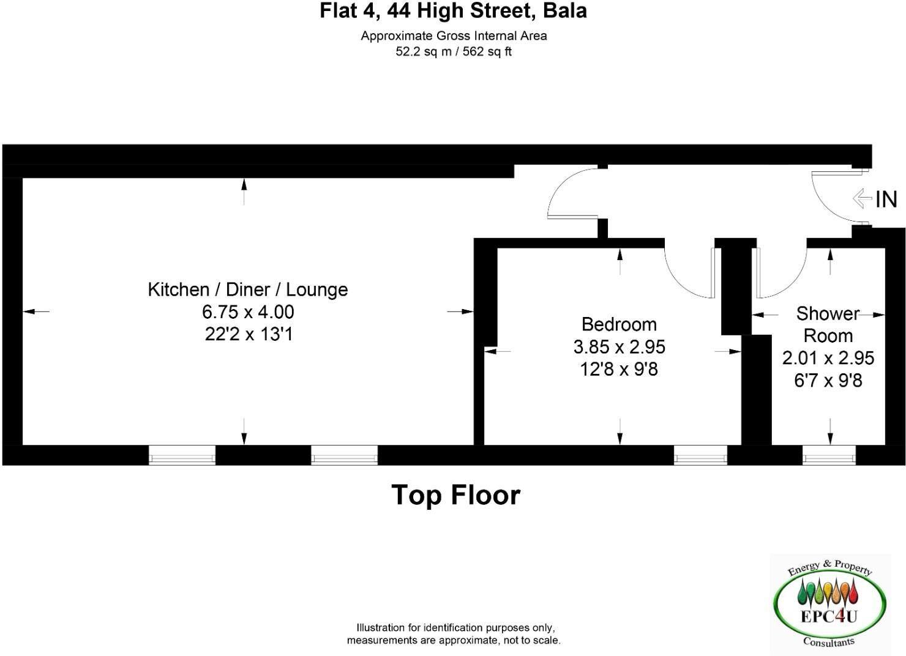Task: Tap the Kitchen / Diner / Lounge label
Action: coord(248,289)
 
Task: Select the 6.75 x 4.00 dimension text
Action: coord(248,312)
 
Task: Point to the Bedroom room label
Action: coord(619,324)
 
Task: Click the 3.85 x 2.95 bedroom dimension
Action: coord(619,347)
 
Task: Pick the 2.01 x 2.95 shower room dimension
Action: coord(828,358)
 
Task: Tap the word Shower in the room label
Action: coord(828,314)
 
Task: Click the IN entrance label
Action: coord(886,199)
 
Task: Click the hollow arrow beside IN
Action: coord(862,198)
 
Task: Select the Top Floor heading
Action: coord(455,495)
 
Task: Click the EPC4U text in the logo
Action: coord(829,616)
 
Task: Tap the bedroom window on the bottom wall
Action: coord(700,455)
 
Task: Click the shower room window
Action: coord(829,455)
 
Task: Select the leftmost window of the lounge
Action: coord(182,455)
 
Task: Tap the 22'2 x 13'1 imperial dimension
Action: coord(248,335)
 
